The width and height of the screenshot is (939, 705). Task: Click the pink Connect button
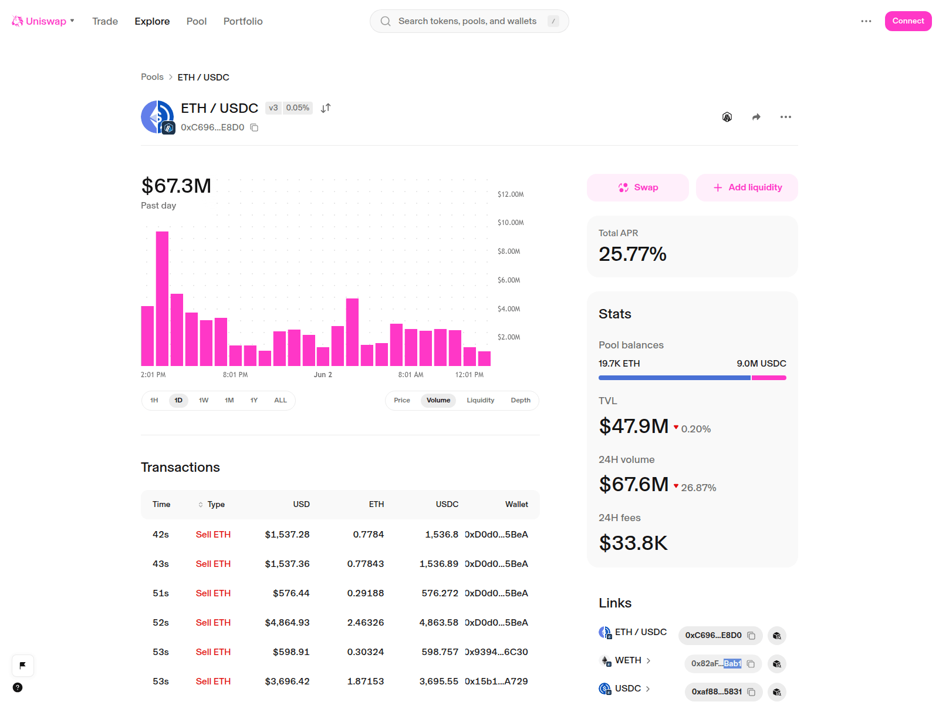pos(907,21)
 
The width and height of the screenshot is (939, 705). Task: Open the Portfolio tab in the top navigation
pos(242,21)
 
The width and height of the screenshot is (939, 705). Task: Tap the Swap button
pos(637,187)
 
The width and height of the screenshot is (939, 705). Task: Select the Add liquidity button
pos(747,187)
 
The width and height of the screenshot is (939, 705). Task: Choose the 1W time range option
pos(203,400)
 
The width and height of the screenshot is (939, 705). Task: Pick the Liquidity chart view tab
pos(480,400)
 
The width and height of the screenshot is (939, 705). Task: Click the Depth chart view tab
pos(520,400)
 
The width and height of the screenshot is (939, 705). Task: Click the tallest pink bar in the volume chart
pos(162,298)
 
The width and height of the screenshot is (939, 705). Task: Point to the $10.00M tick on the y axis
pos(511,223)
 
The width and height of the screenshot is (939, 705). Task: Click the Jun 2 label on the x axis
pos(323,375)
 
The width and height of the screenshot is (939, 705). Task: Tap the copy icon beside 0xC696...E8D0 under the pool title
pos(254,127)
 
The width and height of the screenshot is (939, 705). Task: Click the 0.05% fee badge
pos(298,108)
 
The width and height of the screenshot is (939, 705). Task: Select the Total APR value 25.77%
pos(632,254)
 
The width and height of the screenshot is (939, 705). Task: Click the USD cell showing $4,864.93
pos(287,622)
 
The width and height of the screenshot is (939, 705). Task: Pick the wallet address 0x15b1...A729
pos(496,681)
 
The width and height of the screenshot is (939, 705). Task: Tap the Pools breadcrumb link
pos(152,77)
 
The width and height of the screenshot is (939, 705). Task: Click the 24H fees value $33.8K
pos(633,543)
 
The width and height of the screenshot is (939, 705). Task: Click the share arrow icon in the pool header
pos(756,117)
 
